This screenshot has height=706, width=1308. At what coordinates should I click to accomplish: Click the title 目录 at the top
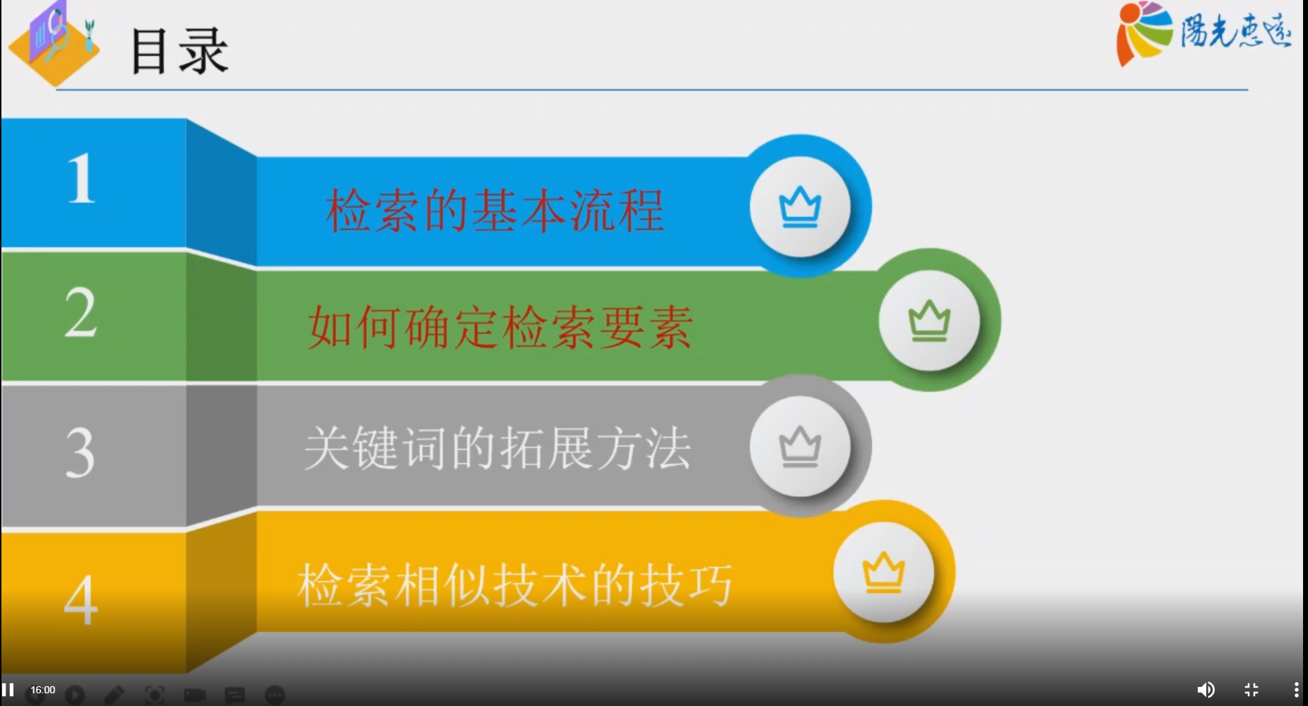tap(179, 51)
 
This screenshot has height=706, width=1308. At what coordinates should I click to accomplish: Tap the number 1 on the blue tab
tap(81, 180)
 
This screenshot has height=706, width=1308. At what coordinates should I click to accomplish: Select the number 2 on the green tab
tap(80, 313)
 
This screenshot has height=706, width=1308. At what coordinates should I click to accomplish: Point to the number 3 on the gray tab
tap(80, 452)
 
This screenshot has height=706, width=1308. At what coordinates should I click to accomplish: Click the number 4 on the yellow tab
tap(80, 599)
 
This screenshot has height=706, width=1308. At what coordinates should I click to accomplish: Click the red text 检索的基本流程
tap(495, 211)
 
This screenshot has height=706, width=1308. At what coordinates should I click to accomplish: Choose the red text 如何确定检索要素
tap(500, 328)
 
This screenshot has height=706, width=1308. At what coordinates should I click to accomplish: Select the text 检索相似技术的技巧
tap(514, 585)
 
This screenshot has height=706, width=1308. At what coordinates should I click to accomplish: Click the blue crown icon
tap(800, 206)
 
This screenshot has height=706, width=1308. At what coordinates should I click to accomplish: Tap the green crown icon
tap(929, 321)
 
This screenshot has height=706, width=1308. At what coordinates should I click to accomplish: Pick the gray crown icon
tap(800, 447)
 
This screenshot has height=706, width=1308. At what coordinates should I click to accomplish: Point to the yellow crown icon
tap(883, 572)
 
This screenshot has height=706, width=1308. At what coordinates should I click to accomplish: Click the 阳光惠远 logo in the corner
tap(1203, 33)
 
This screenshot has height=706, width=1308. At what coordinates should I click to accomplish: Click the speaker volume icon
tap(1206, 690)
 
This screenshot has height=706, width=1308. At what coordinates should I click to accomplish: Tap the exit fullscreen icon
tap(1251, 690)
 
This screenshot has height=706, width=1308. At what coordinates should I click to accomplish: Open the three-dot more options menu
tap(1296, 690)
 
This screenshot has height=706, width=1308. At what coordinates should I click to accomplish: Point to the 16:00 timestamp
tap(42, 690)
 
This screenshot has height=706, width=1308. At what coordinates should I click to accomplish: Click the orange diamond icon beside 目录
tap(54, 44)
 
